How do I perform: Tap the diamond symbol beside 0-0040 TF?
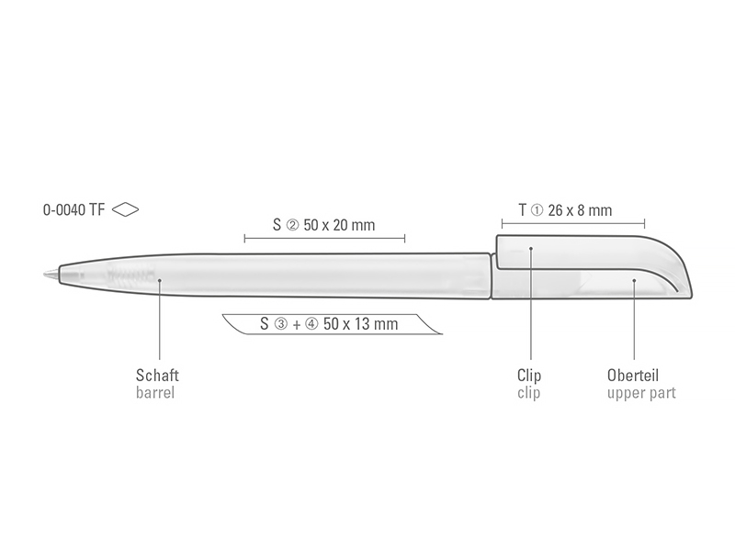coord(126,209)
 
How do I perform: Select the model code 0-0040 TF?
coord(73,210)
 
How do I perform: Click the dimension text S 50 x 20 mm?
coord(324,225)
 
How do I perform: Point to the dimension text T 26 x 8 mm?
coord(565,210)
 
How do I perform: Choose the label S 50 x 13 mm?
coord(329,324)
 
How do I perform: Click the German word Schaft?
coord(157,376)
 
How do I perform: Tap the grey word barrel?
coord(155,393)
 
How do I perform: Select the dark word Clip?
coord(529,376)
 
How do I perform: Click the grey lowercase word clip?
coord(529,393)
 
